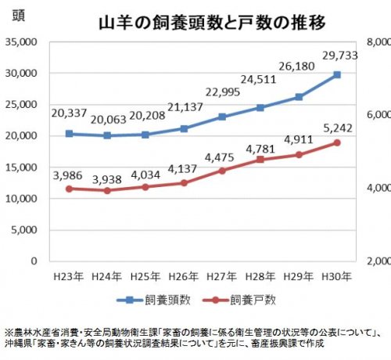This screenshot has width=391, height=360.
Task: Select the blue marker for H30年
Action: point(337,74)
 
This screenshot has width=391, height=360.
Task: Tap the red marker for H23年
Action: point(70,189)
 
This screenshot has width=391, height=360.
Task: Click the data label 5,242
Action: point(337,124)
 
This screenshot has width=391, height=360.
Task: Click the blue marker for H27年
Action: point(222,117)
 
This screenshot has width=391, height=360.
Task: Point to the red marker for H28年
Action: point(260,160)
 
